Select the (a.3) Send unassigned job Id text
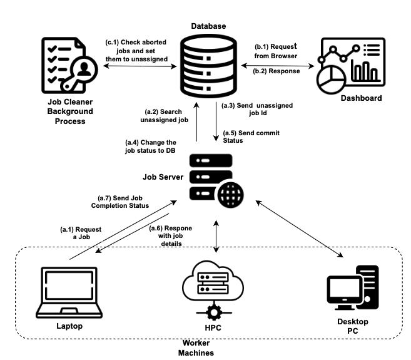tap(256, 110)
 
